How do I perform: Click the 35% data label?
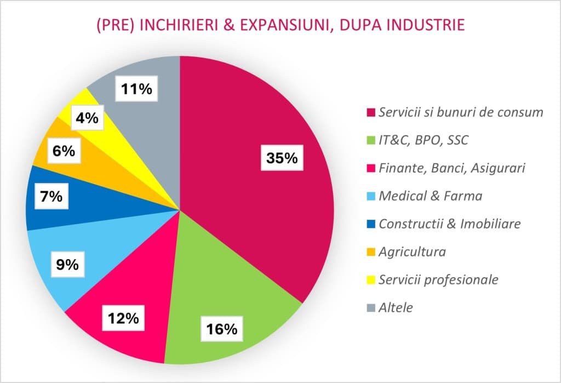pyautogui.click(x=282, y=158)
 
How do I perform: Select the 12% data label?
pyautogui.click(x=123, y=318)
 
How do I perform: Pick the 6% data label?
pyautogui.click(x=64, y=151)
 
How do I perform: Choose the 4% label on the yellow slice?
pyautogui.click(x=87, y=118)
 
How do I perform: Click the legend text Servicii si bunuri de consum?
pyautogui.click(x=461, y=112)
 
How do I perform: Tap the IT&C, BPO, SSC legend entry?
pyautogui.click(x=423, y=140)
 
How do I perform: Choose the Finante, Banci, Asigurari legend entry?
pyautogui.click(x=451, y=168)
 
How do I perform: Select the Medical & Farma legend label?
pyautogui.click(x=430, y=196)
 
